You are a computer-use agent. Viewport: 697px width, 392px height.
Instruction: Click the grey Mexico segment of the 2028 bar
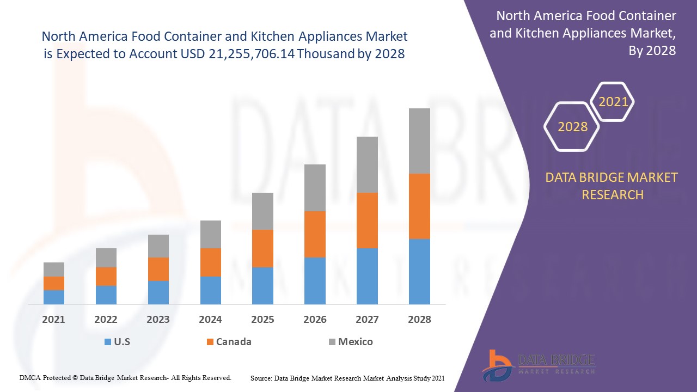[x=419, y=141]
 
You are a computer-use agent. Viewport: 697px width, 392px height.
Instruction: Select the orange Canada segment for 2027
[x=367, y=220]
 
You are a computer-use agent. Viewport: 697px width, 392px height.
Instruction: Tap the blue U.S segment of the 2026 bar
[x=315, y=280]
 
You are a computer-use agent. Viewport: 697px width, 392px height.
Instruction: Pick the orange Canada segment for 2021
[x=54, y=283]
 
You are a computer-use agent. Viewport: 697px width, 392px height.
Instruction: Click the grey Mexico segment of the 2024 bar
[x=211, y=234]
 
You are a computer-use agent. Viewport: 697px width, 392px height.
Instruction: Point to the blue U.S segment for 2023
[x=158, y=292]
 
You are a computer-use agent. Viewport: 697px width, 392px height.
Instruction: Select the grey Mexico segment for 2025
[x=262, y=211]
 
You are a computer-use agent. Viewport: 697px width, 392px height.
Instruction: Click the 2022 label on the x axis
[x=106, y=320]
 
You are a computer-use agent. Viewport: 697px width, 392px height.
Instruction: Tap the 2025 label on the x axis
[x=262, y=320]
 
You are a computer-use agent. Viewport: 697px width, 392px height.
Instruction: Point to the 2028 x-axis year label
[x=419, y=320]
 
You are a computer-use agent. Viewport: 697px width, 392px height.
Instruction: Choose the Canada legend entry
[x=234, y=342]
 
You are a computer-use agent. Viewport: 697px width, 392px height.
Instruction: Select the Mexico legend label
[x=355, y=342]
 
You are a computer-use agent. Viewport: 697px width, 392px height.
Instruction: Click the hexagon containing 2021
[x=613, y=102]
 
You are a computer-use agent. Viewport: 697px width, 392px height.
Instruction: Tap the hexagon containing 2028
[x=572, y=127]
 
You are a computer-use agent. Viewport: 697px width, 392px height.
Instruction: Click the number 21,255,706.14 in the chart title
[x=252, y=54]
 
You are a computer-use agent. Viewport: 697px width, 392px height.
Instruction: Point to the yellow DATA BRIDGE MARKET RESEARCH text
[x=612, y=186]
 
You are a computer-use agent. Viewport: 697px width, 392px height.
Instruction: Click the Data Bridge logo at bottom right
[x=538, y=364]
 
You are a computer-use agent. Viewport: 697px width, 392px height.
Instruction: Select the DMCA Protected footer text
[x=125, y=377]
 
